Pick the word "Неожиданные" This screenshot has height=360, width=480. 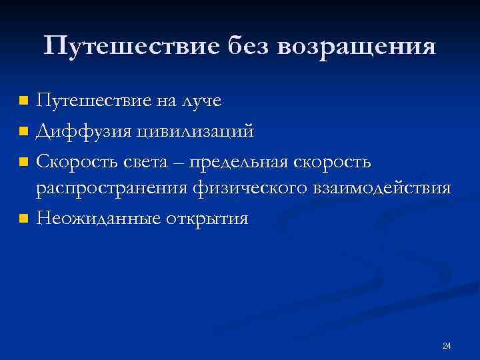[95, 218]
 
